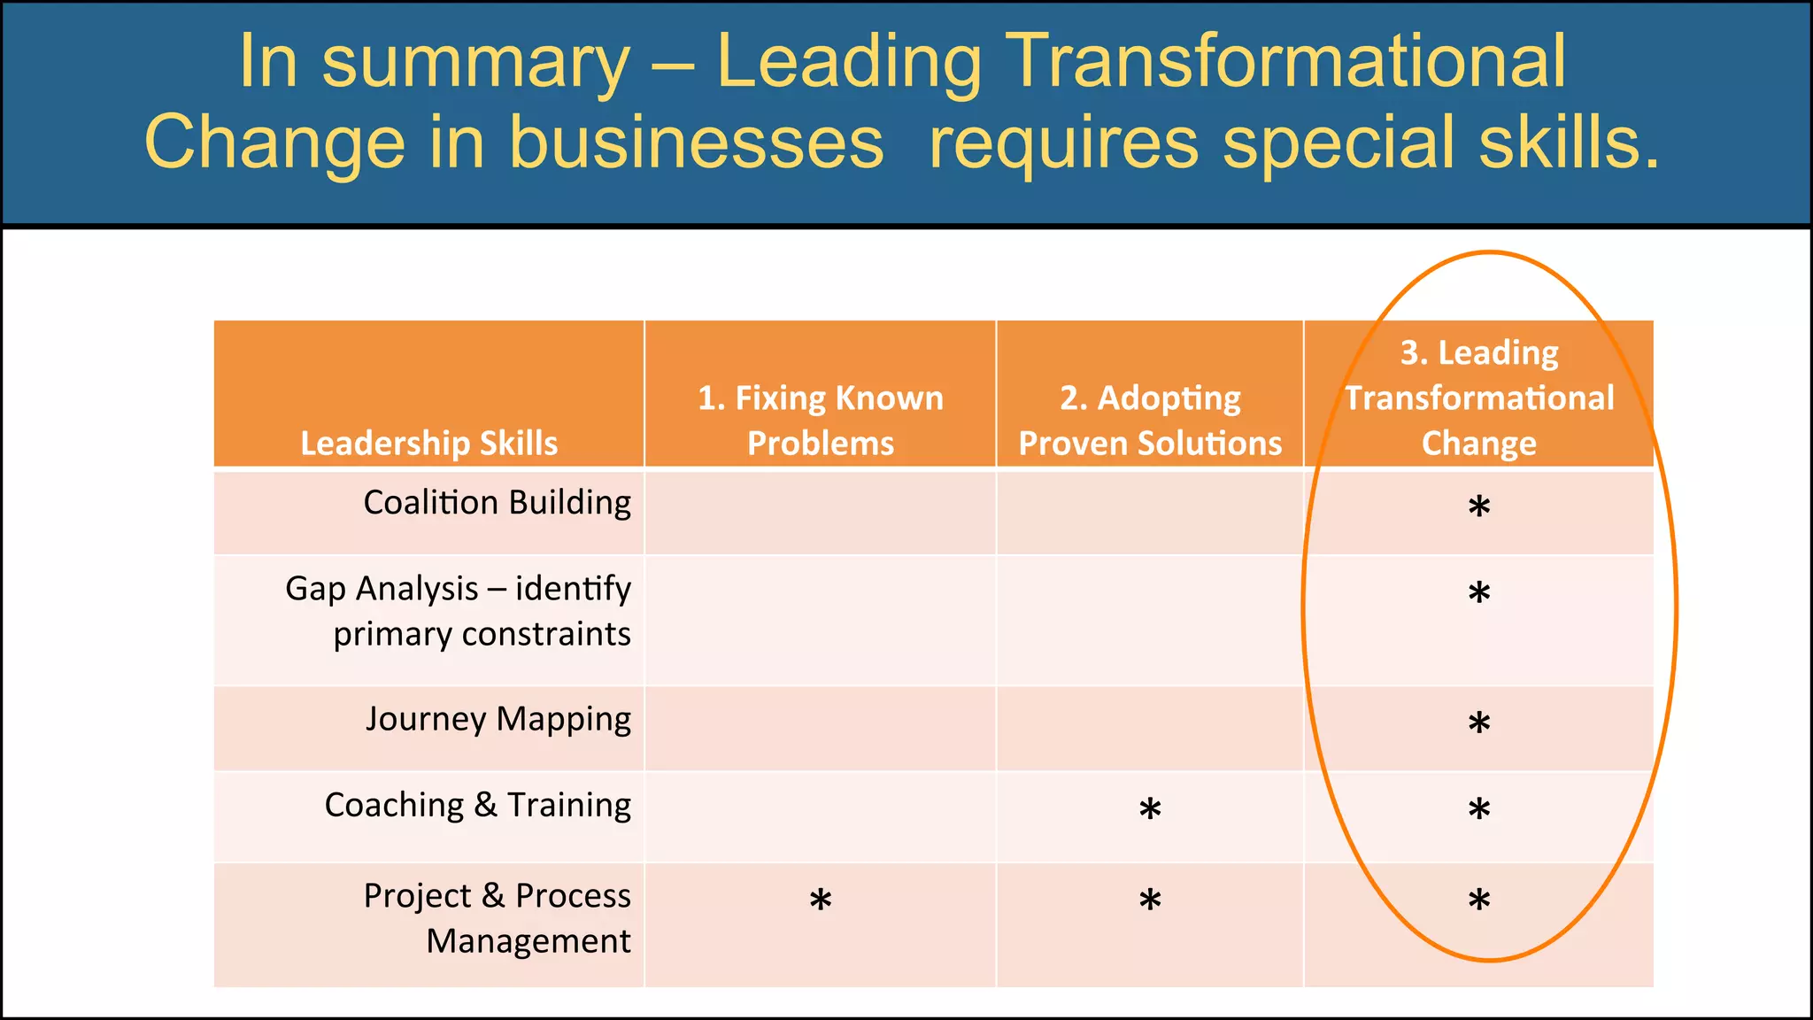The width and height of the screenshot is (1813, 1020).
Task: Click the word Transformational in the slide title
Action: point(1286,62)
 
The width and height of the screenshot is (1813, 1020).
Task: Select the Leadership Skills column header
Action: point(429,443)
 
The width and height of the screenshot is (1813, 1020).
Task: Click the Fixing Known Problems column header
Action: point(820,421)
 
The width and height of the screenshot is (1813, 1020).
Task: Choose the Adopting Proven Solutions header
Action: point(1150,421)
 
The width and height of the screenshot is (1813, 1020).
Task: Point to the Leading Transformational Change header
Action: point(1479,398)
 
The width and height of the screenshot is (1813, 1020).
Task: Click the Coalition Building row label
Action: point(497,503)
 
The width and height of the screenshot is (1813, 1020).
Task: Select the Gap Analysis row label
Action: point(458,611)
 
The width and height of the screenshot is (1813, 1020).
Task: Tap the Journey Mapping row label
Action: point(498,719)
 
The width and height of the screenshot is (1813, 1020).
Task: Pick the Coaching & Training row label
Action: point(478,805)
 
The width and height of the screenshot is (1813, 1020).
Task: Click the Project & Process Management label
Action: point(498,918)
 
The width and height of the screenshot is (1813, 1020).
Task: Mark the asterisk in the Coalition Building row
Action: point(1479,507)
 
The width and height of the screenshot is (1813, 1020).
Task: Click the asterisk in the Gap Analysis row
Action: point(1479,593)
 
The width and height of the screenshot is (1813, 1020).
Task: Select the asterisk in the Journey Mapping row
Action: point(1479,723)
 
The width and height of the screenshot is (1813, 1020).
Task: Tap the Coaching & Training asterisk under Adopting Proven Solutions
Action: point(1150,809)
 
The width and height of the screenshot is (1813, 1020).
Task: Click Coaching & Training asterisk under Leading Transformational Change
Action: point(1479,809)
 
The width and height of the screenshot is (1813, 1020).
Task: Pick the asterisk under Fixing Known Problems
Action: point(821,900)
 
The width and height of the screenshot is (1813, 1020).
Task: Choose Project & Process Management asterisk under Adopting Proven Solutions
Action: point(1150,900)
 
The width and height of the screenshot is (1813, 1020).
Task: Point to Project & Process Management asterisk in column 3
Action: point(1479,900)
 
